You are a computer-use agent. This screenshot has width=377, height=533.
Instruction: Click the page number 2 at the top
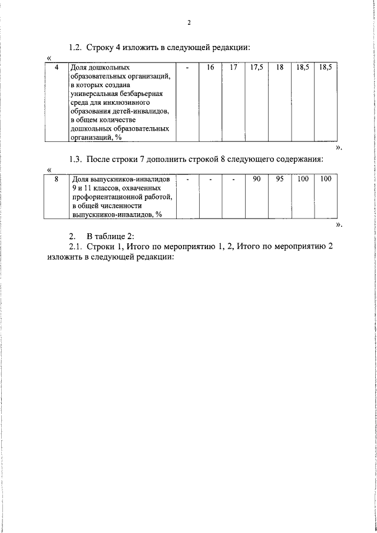[188, 23]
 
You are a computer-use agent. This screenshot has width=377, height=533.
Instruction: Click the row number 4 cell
[57, 68]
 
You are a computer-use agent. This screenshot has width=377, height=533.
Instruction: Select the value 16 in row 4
[210, 68]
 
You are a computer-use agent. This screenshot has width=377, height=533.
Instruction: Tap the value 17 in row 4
[233, 68]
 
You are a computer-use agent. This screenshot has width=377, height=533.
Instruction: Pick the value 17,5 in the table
[256, 68]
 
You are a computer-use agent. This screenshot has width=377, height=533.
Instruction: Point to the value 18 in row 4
[280, 68]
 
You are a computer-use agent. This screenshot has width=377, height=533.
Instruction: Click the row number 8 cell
[57, 178]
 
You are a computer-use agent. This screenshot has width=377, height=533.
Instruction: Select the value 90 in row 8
[256, 178]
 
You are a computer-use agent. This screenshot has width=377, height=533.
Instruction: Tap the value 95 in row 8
[280, 178]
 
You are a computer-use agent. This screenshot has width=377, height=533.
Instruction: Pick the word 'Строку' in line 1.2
[100, 47]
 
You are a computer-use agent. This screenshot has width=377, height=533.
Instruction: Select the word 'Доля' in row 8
[79, 178]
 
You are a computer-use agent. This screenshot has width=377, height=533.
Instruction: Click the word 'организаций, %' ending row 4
[95, 137]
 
